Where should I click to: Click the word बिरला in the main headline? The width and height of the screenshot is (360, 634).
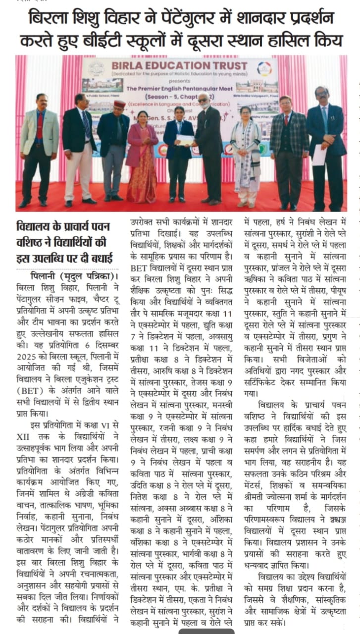tap(47, 18)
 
